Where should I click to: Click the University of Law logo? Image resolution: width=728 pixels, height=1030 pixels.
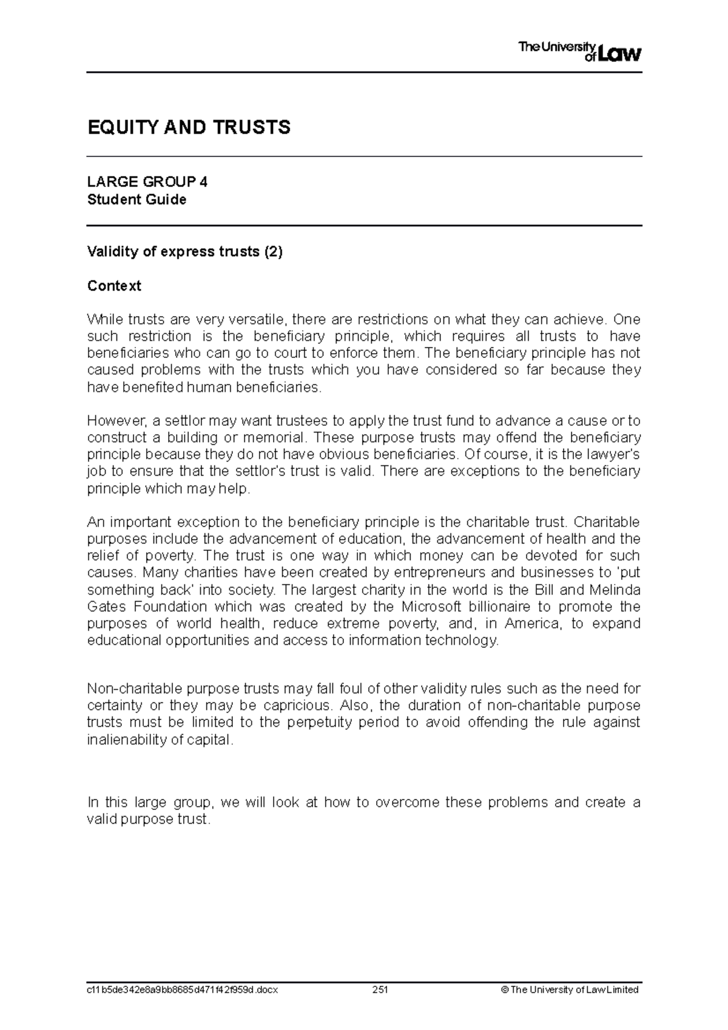[579, 52]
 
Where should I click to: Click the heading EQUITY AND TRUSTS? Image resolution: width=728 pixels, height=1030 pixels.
[189, 128]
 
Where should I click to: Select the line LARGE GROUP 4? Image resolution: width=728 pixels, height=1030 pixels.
[147, 182]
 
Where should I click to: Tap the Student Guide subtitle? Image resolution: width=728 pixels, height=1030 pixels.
[136, 200]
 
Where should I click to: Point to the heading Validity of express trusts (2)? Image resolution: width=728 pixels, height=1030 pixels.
[185, 252]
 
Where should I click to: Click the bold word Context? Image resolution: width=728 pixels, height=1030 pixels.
[114, 286]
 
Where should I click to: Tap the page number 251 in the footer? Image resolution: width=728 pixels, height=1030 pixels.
[380, 989]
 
